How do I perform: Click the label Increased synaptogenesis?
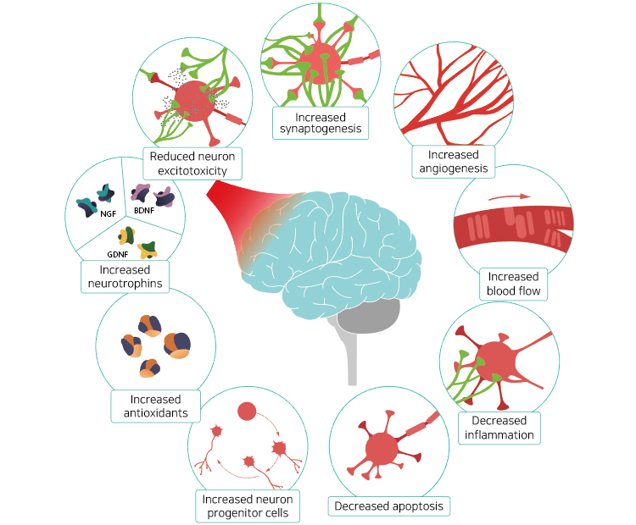point(320,122)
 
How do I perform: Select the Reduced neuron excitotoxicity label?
point(193,163)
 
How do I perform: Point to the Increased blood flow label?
point(514,284)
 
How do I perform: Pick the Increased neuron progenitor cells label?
point(246,506)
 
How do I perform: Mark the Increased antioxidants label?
point(156,406)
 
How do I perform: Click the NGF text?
point(108,215)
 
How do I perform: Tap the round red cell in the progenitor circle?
point(247,412)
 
